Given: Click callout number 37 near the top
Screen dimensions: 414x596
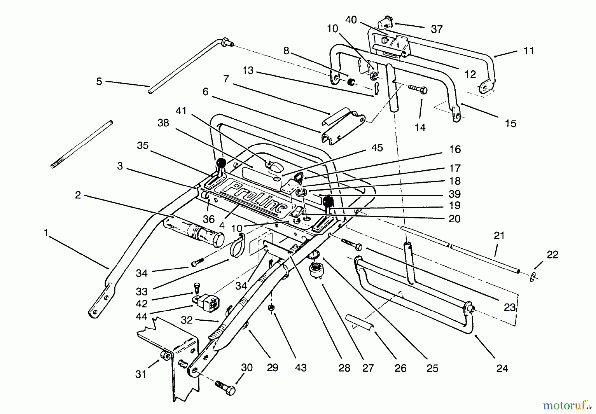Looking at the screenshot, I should pos(437,29).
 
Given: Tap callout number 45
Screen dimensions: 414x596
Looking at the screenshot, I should pos(377,148).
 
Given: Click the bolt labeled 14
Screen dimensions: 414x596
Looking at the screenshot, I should pos(418,89).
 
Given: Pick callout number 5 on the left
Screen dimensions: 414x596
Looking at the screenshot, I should pos(99,81).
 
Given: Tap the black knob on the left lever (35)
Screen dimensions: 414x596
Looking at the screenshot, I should pos(221,163).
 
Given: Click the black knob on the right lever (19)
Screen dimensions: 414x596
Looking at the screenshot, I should pos(328,201).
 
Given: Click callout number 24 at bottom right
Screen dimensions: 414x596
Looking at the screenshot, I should pos(502,368).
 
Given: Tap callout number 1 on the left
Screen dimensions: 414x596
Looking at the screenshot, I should pos(46,233).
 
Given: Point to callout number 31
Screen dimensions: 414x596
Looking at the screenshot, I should pos(141,374).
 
